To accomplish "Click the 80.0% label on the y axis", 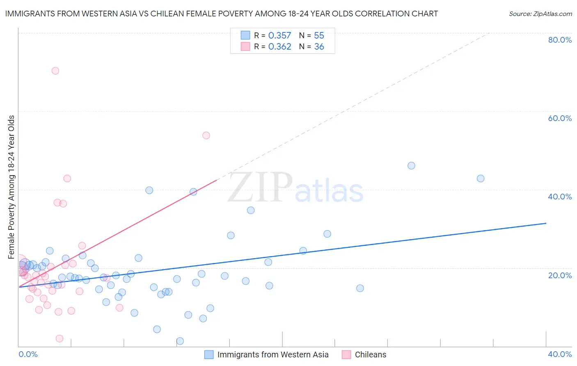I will [x=560, y=40].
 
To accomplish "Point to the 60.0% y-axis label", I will [x=560, y=118].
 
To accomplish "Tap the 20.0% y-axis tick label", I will [x=560, y=275].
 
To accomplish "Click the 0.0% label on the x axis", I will [x=28, y=354].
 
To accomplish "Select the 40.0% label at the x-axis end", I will [x=560, y=354].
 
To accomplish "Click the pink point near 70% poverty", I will [x=55, y=71].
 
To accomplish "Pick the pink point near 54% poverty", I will [x=206, y=135].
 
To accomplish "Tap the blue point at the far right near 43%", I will [x=481, y=178].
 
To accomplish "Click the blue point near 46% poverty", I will [x=411, y=166].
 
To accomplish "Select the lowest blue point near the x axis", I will [x=180, y=341].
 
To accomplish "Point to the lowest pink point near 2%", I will [x=60, y=339].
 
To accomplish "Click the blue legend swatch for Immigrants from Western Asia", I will [x=209, y=355].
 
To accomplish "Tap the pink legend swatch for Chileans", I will [x=346, y=355].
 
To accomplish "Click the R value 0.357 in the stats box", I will [x=279, y=36].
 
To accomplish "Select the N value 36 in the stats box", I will [x=319, y=47].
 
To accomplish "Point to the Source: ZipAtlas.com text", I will [x=540, y=14].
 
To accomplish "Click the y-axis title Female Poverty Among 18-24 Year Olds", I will [x=11, y=187].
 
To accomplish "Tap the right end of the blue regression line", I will [x=546, y=223].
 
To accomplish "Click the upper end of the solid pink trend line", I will [x=217, y=179].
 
